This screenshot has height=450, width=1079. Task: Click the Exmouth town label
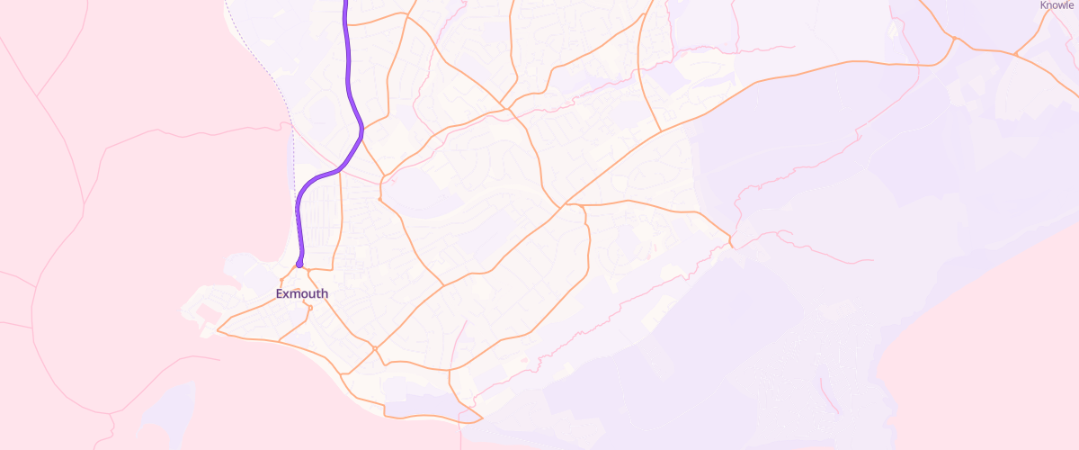[x=302, y=294]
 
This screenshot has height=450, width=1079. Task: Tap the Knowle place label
[x=1057, y=5]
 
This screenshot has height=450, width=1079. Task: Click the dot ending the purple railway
[x=299, y=264]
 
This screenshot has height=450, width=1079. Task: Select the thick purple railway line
[x=349, y=81]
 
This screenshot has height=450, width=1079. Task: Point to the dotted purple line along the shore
[x=290, y=117]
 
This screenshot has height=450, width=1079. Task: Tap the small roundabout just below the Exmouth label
[x=309, y=308]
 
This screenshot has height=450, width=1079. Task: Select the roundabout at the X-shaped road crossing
[x=374, y=348]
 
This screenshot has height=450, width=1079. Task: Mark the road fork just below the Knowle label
[x=1015, y=54]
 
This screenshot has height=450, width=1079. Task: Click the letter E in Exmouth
[x=280, y=294]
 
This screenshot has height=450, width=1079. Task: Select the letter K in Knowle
[x=1043, y=5]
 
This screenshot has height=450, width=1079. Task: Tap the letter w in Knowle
[x=1065, y=5]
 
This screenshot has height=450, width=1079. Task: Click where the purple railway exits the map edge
[x=345, y=2]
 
